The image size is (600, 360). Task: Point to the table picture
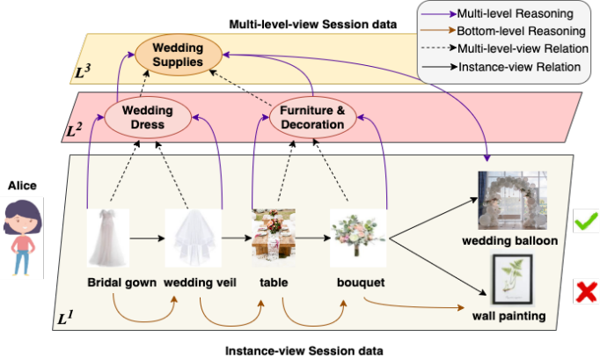coord(272,236)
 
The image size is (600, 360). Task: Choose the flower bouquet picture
coord(357,237)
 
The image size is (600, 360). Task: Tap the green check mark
coord(585,221)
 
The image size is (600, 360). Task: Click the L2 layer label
coord(75,132)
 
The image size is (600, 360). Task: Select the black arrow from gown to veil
coord(148,237)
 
